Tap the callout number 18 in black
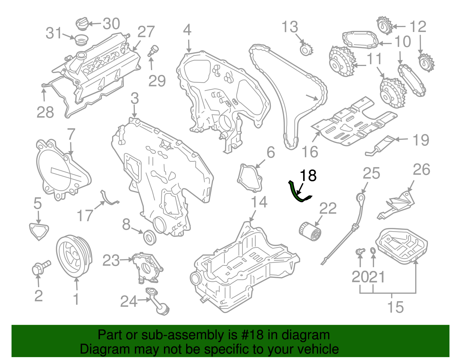(x=308, y=176)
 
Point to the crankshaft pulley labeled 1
(x=73, y=257)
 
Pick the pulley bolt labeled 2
(x=40, y=267)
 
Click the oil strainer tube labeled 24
(x=157, y=301)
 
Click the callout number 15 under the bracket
(x=395, y=307)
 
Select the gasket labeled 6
(x=250, y=178)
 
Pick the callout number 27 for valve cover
(x=146, y=32)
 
